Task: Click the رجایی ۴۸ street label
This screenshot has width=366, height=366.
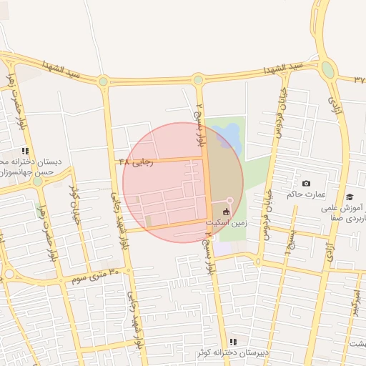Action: [136, 162]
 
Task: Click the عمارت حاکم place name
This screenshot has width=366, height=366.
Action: [306, 194]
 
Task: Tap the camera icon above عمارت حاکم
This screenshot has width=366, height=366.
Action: [307, 184]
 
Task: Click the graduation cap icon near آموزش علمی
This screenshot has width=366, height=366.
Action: [349, 197]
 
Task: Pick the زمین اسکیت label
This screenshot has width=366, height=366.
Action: [227, 222]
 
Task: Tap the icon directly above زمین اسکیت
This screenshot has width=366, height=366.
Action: [227, 212]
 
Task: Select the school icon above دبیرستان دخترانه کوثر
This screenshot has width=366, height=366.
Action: [233, 342]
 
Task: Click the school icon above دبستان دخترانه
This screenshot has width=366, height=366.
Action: [25, 151]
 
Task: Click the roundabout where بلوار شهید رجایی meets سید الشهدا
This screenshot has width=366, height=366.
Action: [104, 81]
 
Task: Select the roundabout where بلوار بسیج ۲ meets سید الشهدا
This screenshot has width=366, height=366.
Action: [198, 81]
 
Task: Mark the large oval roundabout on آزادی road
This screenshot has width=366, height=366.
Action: [328, 69]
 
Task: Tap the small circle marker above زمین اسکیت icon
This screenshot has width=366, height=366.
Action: [229, 199]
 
